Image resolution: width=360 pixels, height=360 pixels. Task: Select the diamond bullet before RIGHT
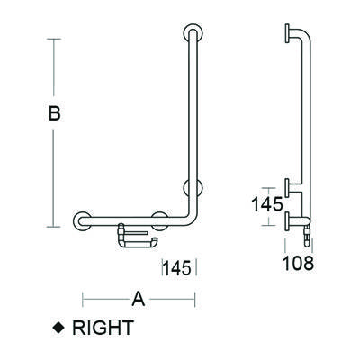[59, 328]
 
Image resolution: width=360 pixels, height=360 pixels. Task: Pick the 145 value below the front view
[179, 267]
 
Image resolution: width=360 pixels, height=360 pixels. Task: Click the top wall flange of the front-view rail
[190, 35]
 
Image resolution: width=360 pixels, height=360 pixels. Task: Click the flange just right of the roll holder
[161, 219]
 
